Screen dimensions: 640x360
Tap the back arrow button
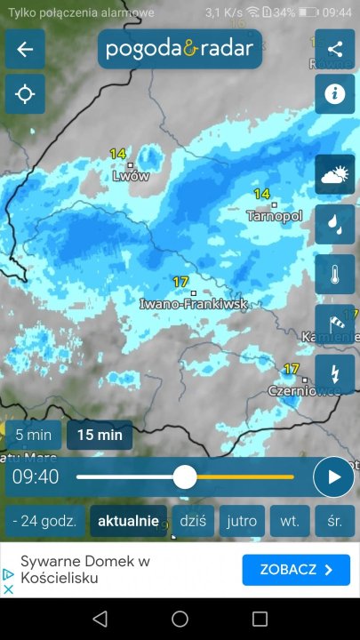pos(25,49)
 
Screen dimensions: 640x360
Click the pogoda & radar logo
pos(180,49)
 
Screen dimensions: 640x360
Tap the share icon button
pos(335,49)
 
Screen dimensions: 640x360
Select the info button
pos(335,94)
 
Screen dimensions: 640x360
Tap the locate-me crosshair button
pos(25,94)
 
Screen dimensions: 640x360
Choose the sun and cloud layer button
pos(335,174)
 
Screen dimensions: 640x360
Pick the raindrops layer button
pos(335,224)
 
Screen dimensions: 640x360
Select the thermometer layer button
pos(335,274)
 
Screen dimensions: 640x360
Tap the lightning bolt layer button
pos(335,374)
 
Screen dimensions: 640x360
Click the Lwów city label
pos(131,176)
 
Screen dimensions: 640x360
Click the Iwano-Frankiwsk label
pos(194,304)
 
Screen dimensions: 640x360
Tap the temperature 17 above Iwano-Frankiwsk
pos(181,282)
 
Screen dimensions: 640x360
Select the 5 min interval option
pos(34,436)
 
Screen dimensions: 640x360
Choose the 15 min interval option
pos(100,436)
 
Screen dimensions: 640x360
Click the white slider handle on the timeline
pos(185,477)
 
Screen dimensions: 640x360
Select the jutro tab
pos(242,521)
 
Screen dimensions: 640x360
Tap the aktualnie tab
pos(128,521)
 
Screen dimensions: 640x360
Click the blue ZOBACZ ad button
pos(296,570)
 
